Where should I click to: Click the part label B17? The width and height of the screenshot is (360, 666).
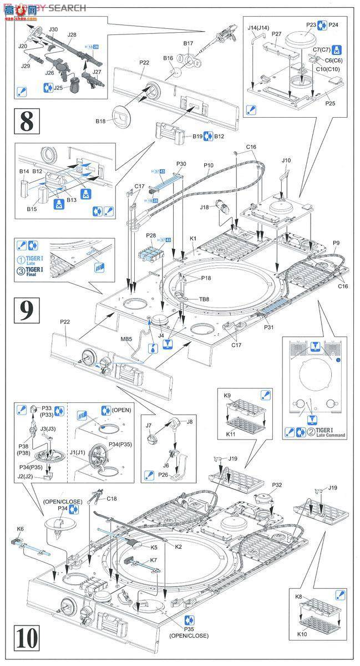click(189, 44)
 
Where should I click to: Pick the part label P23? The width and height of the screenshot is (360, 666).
click(311, 25)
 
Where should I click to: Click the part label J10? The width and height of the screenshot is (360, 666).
click(286, 161)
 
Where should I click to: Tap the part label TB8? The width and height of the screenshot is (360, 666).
click(189, 299)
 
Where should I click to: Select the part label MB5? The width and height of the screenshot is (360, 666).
click(126, 339)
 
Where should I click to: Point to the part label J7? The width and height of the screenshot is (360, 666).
click(148, 425)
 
